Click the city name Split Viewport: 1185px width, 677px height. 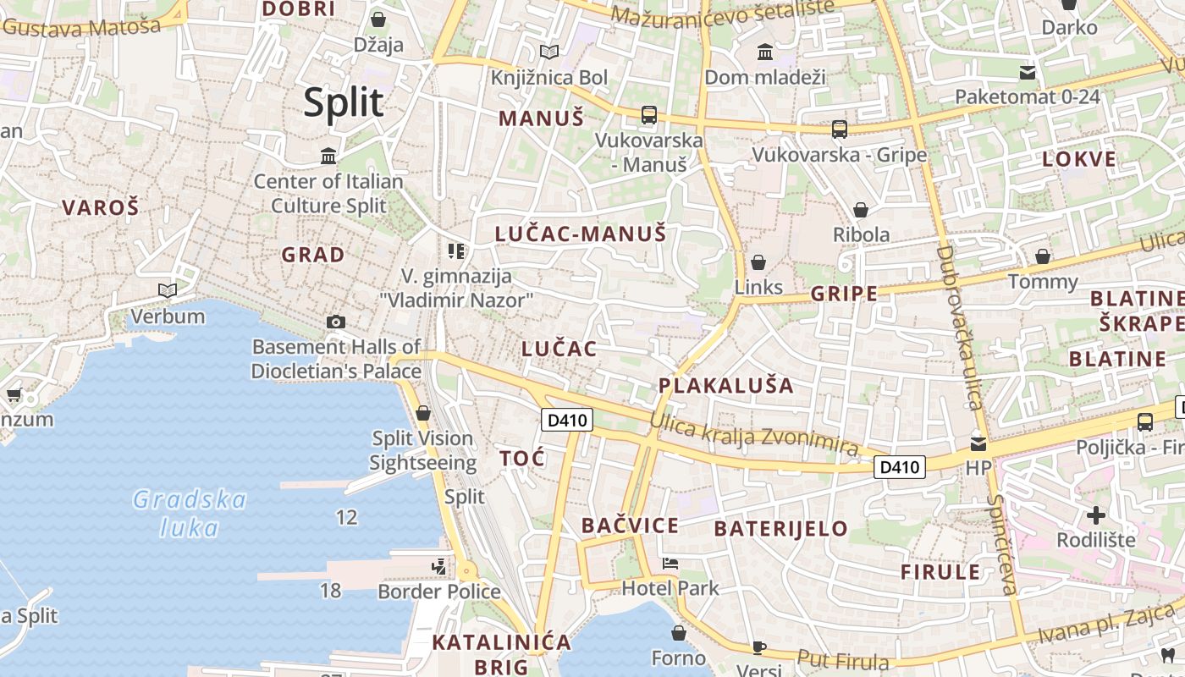[344, 102]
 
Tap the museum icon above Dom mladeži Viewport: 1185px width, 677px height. [765, 52]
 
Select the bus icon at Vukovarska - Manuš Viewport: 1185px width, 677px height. [649, 114]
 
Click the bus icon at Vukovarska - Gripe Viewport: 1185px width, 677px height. [839, 129]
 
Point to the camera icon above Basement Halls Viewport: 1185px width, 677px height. [336, 322]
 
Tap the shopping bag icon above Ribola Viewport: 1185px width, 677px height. [861, 209]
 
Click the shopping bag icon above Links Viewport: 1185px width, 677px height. [758, 261]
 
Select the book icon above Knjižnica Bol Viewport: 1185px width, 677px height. [549, 52]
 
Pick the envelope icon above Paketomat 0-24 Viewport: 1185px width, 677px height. [1028, 72]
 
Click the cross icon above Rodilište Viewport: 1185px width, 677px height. [1096, 515]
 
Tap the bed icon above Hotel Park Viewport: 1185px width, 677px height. [670, 563]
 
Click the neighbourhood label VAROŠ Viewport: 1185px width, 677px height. [100, 207]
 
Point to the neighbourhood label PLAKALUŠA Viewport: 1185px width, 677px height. [726, 386]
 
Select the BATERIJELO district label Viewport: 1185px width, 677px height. [780, 529]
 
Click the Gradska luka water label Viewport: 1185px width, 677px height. [190, 513]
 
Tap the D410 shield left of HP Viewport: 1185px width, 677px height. [899, 466]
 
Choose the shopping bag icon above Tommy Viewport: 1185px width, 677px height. [1043, 256]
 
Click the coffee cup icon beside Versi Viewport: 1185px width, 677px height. [759, 647]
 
